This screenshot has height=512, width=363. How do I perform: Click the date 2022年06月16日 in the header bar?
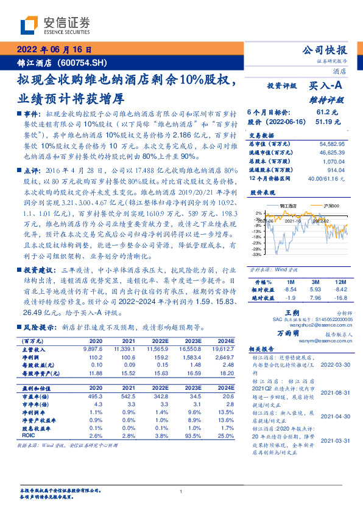(x=54, y=50)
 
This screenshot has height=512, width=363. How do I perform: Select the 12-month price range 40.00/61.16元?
(x=328, y=177)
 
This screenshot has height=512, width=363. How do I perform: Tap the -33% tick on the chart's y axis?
(x=258, y=255)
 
